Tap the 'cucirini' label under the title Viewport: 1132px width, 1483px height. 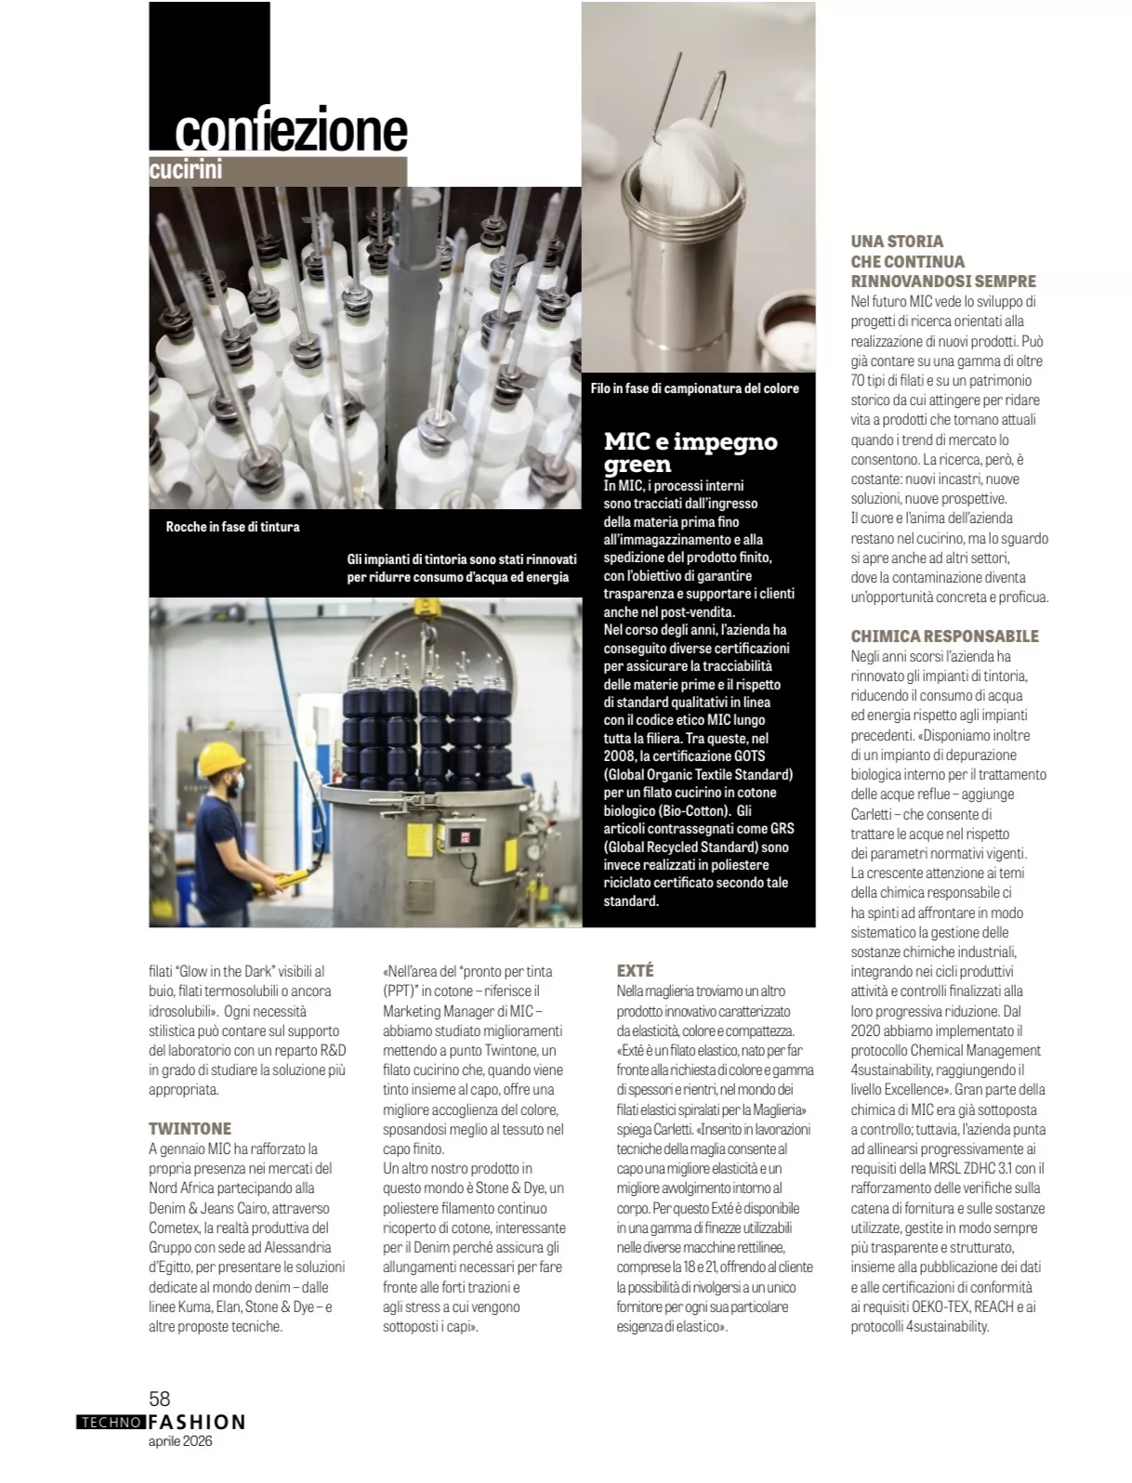(186, 170)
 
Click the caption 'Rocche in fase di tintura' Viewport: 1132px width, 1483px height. (232, 527)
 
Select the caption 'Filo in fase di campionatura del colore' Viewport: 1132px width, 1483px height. (694, 388)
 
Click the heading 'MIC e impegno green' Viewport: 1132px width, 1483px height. (690, 453)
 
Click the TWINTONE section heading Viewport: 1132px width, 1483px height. (190, 1128)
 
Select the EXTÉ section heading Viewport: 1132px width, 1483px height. (635, 970)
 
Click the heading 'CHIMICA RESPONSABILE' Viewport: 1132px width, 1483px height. (944, 636)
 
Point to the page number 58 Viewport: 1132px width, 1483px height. (160, 1398)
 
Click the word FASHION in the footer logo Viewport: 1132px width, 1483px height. (196, 1423)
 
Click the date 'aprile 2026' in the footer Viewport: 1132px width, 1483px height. (180, 1442)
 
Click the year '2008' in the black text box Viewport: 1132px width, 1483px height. (619, 756)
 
